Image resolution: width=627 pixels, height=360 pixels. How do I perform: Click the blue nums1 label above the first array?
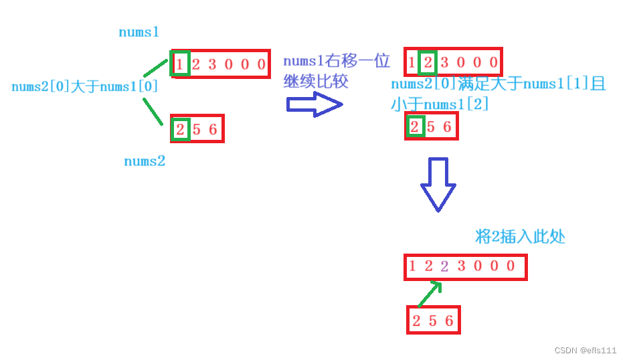pos(139,32)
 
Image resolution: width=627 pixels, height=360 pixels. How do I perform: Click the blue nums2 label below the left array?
pos(144,161)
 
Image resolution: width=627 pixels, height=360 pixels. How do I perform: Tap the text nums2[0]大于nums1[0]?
pos(85,86)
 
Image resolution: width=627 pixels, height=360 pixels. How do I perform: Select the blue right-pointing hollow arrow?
pos(314,104)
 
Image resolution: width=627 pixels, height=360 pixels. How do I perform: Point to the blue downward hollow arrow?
pos(438,184)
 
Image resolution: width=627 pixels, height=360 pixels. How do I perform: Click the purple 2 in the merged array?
pos(444,266)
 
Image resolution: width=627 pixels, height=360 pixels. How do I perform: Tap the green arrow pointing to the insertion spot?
pos(428,294)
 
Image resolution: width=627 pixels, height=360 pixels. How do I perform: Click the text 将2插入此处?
pos(520,236)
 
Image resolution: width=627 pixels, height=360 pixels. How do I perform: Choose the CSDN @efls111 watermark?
pos(585,350)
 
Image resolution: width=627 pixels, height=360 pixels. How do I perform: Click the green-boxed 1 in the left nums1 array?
pos(180,65)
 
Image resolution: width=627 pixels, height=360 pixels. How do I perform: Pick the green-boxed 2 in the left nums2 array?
pos(180,129)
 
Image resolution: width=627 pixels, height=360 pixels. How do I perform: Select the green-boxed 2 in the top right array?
pos(428,64)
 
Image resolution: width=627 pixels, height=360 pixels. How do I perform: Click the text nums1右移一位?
pos(336,62)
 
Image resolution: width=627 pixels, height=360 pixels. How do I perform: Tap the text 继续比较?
pos(316,82)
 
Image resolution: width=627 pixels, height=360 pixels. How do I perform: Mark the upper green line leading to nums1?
pos(155,68)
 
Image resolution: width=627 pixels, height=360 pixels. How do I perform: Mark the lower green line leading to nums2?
pos(153,111)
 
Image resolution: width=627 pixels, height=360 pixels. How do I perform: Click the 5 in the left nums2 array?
pos(196,129)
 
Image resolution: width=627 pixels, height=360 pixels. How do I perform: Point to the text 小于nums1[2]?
pos(440,104)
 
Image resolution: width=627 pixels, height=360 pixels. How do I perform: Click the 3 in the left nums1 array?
pos(212,65)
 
